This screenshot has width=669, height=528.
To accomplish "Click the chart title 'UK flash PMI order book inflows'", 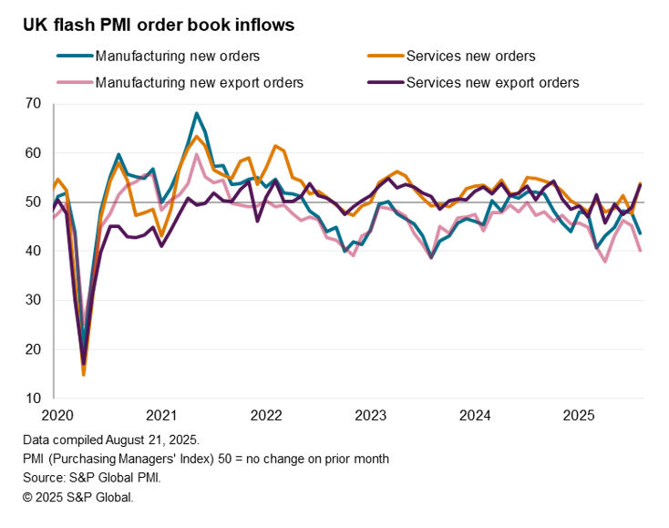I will pos(159,26).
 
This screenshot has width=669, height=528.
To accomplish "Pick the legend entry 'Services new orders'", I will pos(470,57).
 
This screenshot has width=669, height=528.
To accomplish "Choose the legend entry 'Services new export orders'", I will pos(492,83).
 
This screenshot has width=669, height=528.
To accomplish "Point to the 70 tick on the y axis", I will pos(33,104).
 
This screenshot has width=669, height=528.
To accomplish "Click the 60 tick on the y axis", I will pos(33,153).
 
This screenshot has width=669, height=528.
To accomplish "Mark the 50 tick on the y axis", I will pos(33,202).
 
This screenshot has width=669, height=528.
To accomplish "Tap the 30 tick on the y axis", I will pos(33,300).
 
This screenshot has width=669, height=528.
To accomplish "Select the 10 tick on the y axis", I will pos(33,399).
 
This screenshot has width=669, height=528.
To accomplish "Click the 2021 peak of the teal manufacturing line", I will pos(196,113).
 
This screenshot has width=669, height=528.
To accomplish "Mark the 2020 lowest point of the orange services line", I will pos(83,375).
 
